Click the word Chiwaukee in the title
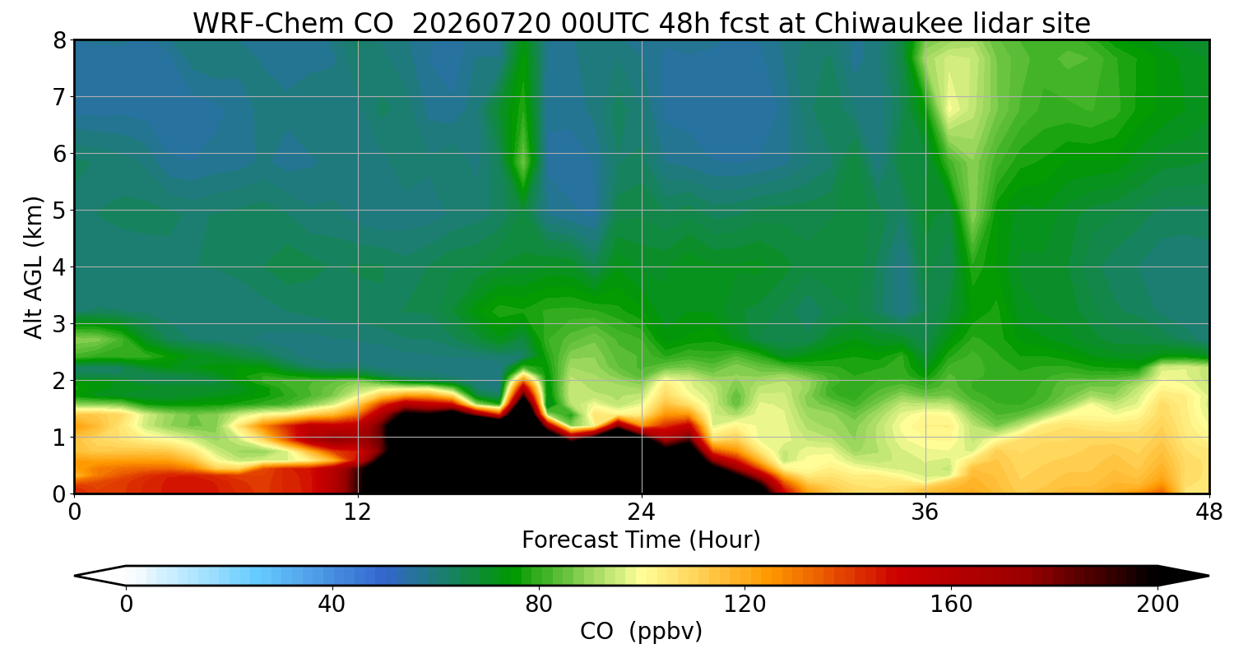click(888, 24)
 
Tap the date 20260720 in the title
click(481, 24)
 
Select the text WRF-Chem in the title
click(293, 24)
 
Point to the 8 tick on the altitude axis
click(59, 41)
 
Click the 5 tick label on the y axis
click(59, 211)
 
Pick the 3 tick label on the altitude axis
click(59, 324)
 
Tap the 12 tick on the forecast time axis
click(358, 512)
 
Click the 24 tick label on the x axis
click(642, 512)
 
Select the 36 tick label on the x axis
click(925, 512)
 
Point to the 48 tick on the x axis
click(1209, 512)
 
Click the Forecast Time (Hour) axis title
click(641, 540)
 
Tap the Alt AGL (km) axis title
click(34, 267)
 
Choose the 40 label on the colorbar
click(332, 605)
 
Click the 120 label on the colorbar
click(745, 605)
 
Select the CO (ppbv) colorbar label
click(641, 632)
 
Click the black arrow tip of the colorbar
click(1208, 576)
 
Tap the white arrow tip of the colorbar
click(76, 576)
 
